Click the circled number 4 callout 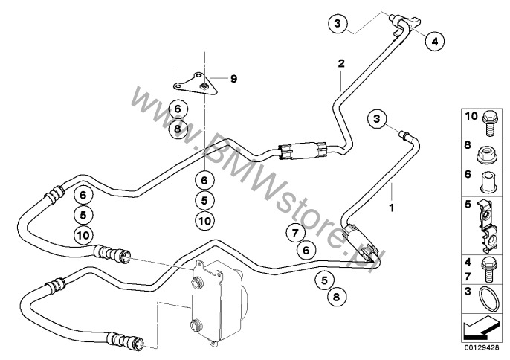pos(434,41)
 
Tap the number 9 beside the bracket pos(233,78)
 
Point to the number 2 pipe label pos(341,65)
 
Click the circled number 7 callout pos(295,234)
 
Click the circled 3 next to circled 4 pos(337,25)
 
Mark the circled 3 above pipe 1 pos(377,118)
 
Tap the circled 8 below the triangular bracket pos(177,129)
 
